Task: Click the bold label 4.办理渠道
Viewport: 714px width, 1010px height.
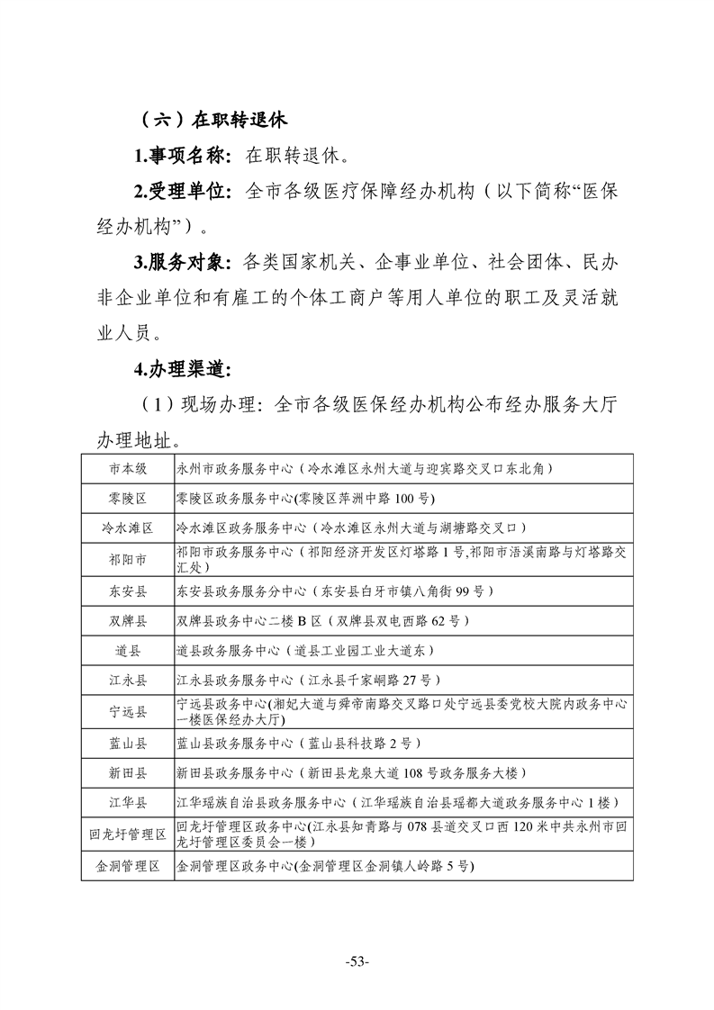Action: [x=182, y=369]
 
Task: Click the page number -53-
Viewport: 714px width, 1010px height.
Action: [x=357, y=961]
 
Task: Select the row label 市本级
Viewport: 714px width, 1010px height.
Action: [x=128, y=469]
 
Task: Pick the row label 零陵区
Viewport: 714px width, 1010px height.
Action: [x=128, y=498]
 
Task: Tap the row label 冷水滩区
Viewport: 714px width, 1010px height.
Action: [x=128, y=528]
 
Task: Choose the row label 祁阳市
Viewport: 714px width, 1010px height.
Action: [x=128, y=560]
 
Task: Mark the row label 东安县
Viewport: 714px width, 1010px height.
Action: [x=128, y=591]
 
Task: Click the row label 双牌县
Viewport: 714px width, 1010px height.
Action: [x=128, y=620]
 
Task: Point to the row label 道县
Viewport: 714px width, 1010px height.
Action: [x=128, y=650]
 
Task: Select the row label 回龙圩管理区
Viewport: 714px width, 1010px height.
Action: [x=128, y=834]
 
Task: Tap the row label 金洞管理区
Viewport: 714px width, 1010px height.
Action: [x=128, y=866]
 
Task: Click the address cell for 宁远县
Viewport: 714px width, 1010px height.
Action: [x=402, y=711]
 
